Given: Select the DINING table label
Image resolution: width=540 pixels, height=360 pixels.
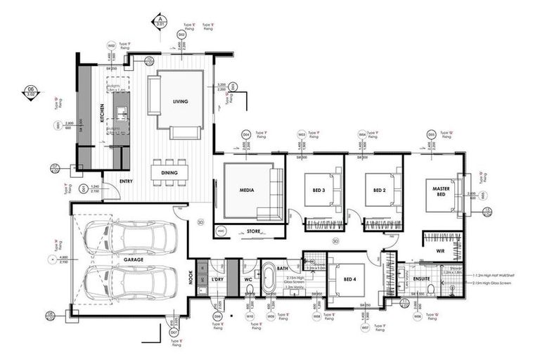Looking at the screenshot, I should pos(169,172).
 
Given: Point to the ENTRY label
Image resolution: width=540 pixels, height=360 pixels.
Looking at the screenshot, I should pos(126,181).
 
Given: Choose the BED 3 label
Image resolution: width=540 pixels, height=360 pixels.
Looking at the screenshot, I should pos(314,190).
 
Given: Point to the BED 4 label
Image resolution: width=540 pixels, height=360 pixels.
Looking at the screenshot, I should pos(348,279).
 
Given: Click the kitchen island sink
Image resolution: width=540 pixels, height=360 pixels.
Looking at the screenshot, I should pos(121,112).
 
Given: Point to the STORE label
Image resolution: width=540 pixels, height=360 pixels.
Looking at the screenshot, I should pos(254,231).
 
